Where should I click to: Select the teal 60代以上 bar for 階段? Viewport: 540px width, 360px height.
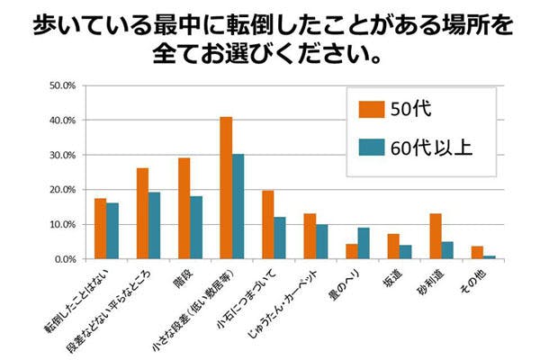click(196, 228)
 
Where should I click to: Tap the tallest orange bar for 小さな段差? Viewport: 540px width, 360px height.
click(226, 188)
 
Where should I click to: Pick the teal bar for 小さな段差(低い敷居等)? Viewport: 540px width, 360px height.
click(238, 206)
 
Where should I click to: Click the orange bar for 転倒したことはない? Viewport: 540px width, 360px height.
click(100, 229)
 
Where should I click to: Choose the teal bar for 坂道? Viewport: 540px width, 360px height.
click(406, 252)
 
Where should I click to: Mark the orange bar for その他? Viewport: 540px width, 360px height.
click(477, 253)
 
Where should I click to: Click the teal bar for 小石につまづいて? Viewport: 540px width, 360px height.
click(280, 238)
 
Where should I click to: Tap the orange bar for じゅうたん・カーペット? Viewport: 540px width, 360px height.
click(310, 236)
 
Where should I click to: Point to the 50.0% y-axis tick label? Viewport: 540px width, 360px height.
click(63, 85)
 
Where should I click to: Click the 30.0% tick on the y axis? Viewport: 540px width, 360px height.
click(63, 155)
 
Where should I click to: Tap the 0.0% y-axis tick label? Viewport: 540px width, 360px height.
click(65, 259)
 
